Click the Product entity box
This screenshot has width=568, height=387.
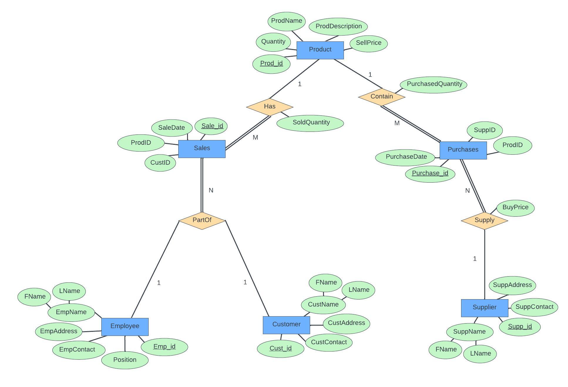pos(320,50)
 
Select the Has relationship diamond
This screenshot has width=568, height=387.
pos(269,107)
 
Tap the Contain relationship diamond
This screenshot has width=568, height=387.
pos(382,97)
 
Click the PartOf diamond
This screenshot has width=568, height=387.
pos(202,220)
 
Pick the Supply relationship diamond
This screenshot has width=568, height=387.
pos(484,220)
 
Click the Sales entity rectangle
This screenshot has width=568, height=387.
pos(202,149)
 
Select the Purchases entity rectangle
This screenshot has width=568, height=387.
pos(463,150)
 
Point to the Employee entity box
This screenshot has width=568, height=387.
pos(125,326)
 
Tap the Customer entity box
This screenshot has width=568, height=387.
pos(286,325)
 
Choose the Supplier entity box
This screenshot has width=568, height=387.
pos(484,308)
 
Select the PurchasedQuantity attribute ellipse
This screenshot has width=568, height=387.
pos(434,85)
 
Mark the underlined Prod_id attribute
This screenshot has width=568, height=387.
pos(271,64)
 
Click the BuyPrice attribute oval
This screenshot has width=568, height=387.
pos(515,208)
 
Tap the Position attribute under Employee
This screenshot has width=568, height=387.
pos(125,360)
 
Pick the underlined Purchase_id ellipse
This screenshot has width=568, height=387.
pos(430,174)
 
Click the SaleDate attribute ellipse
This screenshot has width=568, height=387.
pos(172,128)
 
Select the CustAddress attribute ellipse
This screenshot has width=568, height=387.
pos(346,323)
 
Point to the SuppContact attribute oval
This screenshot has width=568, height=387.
pos(534,307)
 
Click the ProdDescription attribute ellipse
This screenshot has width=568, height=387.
pos(338,26)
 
